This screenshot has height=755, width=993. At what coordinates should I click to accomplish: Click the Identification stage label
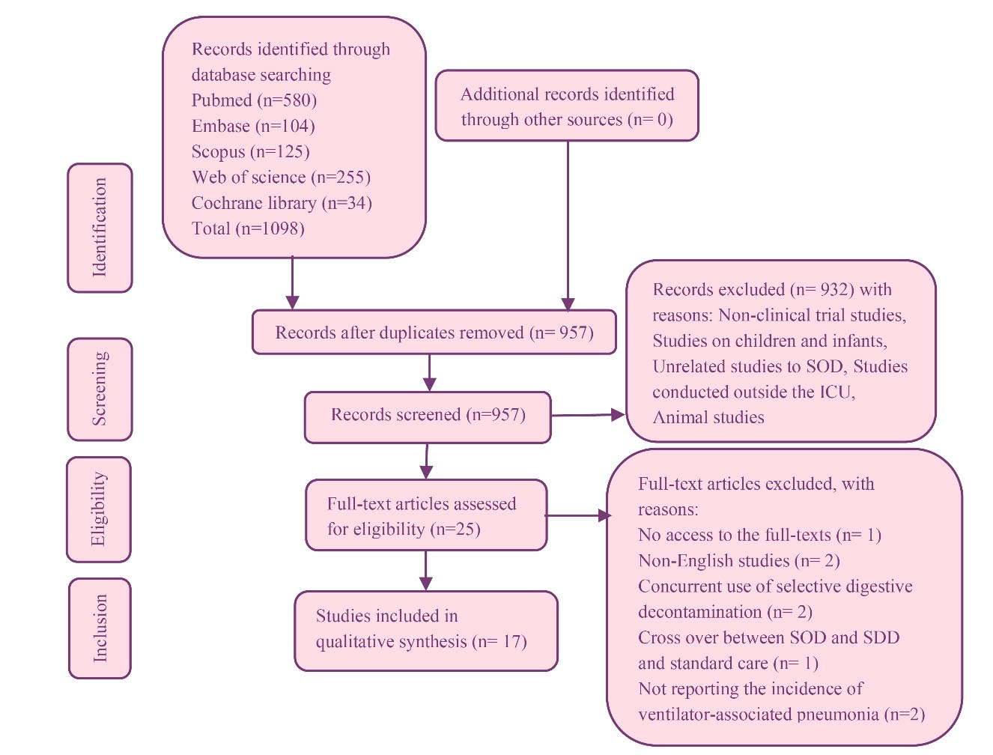[100, 228]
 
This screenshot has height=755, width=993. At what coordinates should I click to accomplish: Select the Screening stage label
[100, 389]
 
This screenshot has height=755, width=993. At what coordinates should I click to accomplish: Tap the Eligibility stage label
[98, 509]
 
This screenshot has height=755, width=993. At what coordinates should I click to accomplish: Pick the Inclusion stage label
[100, 628]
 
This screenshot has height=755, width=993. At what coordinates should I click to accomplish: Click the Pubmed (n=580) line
[254, 100]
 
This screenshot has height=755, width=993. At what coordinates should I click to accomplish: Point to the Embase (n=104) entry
[253, 126]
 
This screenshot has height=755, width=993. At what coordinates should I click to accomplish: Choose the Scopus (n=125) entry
[250, 151]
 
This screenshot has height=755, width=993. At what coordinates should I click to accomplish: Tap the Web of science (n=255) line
[281, 178]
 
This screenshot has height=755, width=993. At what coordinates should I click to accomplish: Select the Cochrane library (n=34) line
[282, 203]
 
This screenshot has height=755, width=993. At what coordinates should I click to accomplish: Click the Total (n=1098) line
[248, 228]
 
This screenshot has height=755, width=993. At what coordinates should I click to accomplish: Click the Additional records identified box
[567, 106]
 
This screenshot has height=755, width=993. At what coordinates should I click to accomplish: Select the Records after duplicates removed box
[434, 333]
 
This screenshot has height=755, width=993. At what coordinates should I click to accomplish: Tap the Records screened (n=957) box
[428, 415]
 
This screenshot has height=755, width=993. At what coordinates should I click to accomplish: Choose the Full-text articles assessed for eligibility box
[426, 515]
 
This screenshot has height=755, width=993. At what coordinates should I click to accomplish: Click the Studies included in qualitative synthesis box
[425, 629]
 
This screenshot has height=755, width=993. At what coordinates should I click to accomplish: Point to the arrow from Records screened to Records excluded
[588, 414]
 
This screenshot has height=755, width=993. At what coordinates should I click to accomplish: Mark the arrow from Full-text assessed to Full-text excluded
[577, 515]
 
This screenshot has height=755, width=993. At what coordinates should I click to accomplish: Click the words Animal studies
[708, 418]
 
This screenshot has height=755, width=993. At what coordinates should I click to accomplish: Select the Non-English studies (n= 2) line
[738, 561]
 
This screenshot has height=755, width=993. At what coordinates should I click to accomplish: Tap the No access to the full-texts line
[759, 536]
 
